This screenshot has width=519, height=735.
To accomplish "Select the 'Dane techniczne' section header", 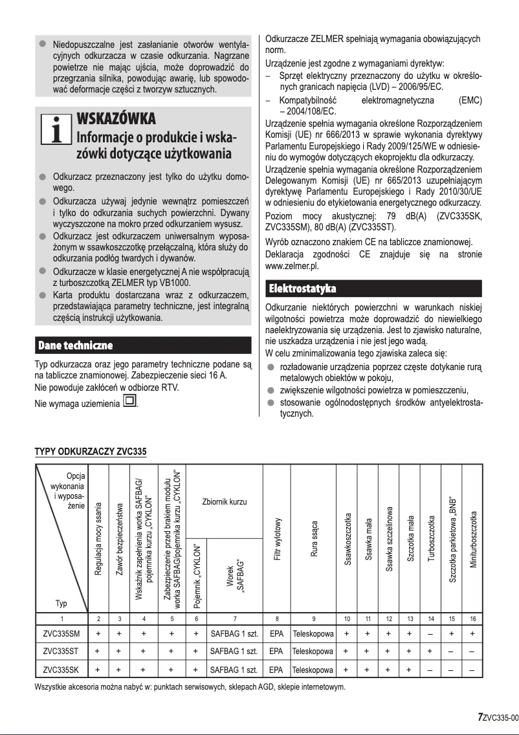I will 75,344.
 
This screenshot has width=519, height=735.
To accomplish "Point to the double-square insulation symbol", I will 129,403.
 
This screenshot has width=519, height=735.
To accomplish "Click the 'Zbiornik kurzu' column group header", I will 225,502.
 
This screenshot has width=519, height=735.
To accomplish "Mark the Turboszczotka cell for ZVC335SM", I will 431,633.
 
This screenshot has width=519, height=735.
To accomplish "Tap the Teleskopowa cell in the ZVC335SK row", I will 313,669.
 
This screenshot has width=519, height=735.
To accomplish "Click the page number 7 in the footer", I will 480,717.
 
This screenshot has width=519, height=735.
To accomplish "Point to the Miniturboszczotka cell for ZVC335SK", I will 473,669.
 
